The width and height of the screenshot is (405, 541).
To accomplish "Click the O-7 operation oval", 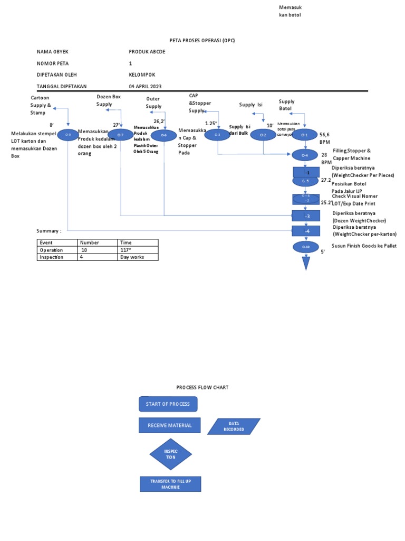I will [121, 135].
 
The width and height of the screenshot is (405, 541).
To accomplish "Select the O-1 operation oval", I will [304, 135].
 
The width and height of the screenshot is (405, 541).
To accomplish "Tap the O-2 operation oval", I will [263, 135].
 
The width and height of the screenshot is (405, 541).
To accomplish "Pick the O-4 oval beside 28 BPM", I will [304, 155].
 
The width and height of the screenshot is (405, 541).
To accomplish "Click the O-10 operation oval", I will [304, 247].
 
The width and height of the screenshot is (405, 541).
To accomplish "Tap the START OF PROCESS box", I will [168, 404].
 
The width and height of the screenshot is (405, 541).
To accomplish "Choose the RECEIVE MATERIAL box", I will [170, 425].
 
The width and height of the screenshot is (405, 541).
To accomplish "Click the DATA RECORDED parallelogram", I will [234, 426].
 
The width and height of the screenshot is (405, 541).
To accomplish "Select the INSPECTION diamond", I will [170, 454].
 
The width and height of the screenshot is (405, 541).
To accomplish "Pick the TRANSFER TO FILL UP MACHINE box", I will [170, 484].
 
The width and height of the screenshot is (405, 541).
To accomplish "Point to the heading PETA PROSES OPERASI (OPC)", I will [202, 40].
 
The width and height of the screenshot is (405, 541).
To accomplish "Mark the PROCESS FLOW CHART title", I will [202, 387].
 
